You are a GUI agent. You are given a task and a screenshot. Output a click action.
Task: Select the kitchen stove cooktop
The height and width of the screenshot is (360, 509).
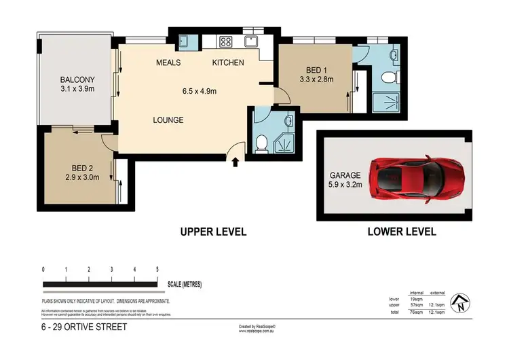coord(226,41)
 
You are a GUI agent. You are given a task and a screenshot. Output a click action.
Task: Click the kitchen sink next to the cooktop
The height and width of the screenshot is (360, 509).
coord(252,41)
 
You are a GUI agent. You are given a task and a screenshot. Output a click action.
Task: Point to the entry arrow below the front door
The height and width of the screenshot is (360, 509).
coord(235,162)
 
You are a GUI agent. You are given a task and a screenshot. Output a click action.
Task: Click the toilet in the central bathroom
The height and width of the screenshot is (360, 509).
coord(263,143)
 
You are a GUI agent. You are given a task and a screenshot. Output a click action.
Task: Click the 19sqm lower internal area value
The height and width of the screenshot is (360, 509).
coord(417,298)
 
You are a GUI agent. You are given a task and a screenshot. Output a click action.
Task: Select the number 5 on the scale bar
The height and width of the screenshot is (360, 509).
coord(157,270)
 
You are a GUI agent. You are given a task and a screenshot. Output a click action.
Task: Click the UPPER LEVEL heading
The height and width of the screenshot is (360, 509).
coord(212,232)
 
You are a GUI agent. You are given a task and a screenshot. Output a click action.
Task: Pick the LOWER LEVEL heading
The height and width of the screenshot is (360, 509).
coord(401,232)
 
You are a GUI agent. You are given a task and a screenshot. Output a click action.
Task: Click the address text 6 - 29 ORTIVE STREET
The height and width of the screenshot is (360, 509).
coord(83,327)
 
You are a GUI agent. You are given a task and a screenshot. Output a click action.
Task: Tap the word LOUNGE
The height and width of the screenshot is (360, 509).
coord(168,120)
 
